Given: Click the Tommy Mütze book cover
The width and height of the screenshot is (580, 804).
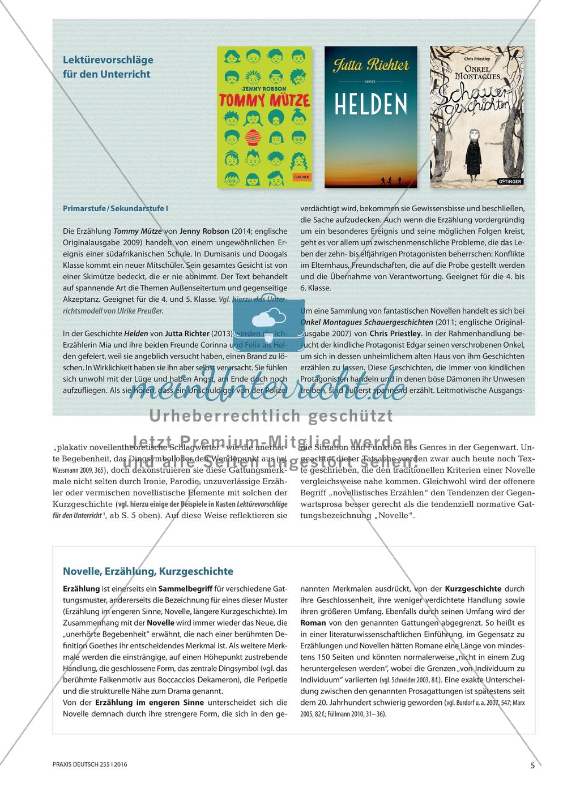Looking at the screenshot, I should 265,117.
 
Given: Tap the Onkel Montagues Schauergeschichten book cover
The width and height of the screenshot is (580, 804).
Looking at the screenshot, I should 476,117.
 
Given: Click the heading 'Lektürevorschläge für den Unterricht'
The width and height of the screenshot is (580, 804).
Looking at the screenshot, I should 108,66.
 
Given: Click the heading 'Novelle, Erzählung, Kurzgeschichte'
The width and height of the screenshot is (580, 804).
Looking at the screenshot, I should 148,571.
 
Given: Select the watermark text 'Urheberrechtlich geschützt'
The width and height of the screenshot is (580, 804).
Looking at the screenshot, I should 271,417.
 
